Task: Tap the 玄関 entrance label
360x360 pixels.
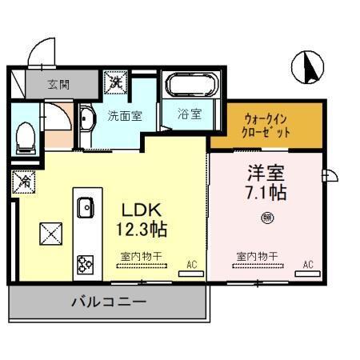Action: click(x=58, y=82)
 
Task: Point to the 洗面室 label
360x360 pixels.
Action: click(x=125, y=115)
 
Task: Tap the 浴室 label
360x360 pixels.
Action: click(x=190, y=114)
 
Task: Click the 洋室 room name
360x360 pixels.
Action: click(x=266, y=173)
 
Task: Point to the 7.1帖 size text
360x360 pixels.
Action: click(x=266, y=192)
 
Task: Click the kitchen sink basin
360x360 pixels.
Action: click(x=85, y=209)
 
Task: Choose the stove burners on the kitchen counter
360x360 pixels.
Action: click(x=85, y=262)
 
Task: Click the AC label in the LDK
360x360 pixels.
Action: click(x=191, y=263)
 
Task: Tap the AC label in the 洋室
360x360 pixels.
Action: click(x=308, y=263)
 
